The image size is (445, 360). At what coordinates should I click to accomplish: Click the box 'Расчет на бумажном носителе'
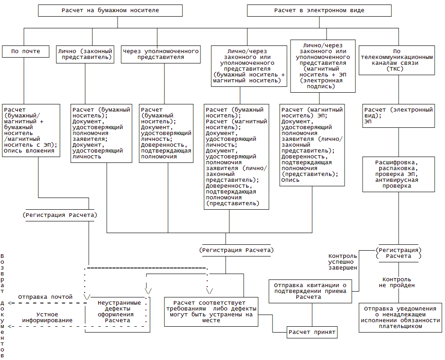coord(110,10)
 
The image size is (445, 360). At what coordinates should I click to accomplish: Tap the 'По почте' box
coord(25,51)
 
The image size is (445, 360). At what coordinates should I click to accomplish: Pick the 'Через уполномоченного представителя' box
coord(161,54)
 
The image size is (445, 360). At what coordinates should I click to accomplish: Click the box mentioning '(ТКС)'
coord(397,60)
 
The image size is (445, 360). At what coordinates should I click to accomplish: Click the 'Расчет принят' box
coord(312,332)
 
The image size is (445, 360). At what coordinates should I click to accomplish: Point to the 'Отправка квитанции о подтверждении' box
coord(310,291)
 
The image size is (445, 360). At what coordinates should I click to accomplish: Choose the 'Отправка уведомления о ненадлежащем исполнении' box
coord(400,318)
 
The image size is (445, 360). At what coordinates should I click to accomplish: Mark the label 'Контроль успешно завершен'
coord(343,261)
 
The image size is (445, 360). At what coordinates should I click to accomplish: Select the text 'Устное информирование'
coord(47,317)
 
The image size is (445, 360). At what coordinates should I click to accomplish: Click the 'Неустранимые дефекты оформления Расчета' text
coord(116,311)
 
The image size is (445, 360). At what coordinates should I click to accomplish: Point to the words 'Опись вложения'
coord(29,151)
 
